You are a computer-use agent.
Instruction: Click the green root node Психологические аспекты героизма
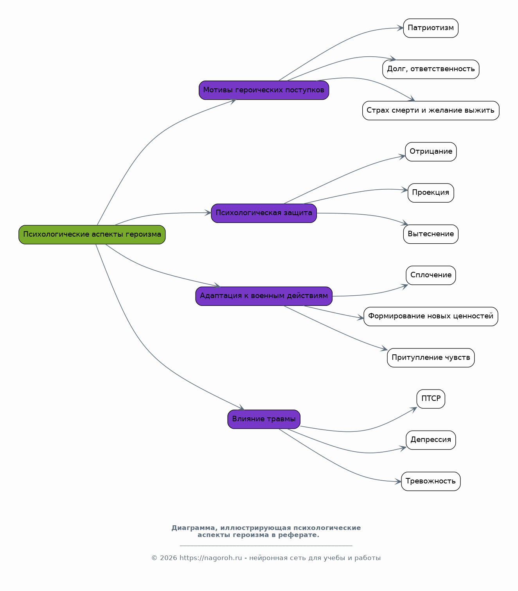[92, 235]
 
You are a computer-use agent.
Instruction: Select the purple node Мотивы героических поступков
[264, 90]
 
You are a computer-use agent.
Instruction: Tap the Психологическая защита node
[264, 213]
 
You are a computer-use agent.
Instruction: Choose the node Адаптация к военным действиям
[264, 296]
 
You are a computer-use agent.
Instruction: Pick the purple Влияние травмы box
[264, 419]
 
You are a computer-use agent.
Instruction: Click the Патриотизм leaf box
[431, 28]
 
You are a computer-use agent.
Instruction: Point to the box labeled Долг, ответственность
[431, 70]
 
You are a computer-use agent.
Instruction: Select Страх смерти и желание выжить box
[431, 111]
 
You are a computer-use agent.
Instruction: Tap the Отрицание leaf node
[431, 152]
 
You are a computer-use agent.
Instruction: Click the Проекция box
[431, 193]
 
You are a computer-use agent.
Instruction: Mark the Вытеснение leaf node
[431, 234]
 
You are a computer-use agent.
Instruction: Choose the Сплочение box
[431, 275]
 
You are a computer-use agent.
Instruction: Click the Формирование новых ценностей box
[431, 316]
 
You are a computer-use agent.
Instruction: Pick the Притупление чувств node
[431, 357]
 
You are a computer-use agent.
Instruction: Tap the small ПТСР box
[431, 399]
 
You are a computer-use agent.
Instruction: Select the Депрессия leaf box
[431, 440]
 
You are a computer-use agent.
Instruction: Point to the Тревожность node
[431, 481]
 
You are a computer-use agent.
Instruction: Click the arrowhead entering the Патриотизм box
[400, 28]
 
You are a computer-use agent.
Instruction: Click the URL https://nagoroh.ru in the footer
[211, 558]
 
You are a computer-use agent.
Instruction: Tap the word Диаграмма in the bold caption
[193, 528]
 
